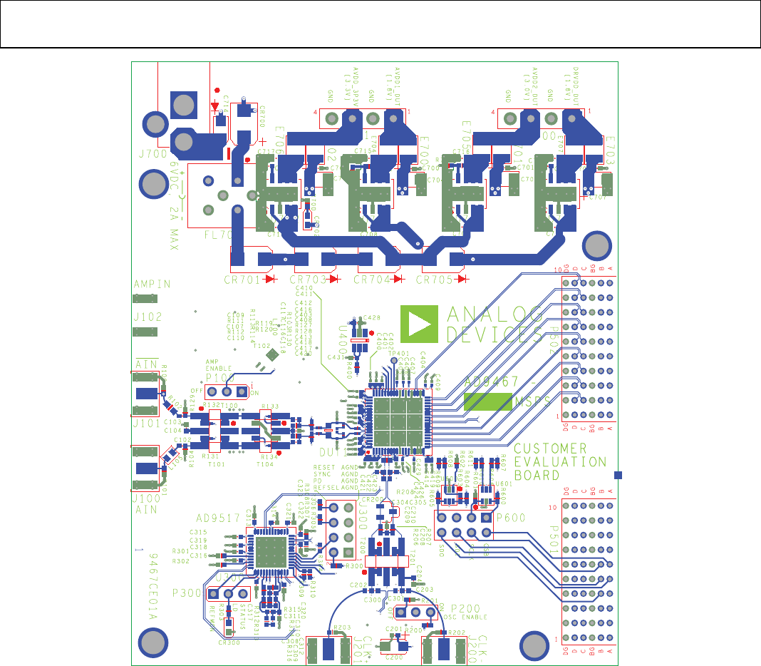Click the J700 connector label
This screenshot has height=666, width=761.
click(152, 153)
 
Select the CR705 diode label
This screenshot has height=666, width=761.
click(435, 280)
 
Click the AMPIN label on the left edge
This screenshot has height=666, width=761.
click(152, 284)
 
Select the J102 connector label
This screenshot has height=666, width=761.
click(147, 316)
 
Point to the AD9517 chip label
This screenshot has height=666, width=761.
click(217, 517)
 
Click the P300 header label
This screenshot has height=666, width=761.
click(186, 594)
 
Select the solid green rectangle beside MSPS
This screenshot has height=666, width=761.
click(487, 401)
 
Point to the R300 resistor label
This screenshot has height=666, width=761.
click(353, 565)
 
